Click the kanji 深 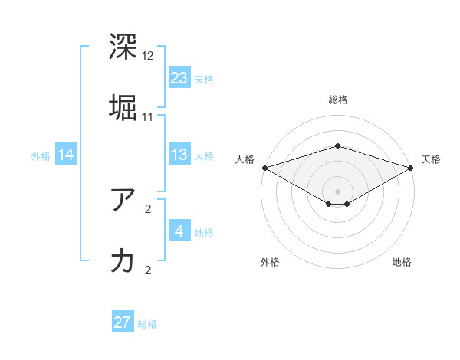click(123, 47)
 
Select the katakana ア click(123, 201)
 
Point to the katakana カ click(123, 260)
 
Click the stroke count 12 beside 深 click(148, 56)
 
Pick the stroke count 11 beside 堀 click(148, 116)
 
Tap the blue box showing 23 click(179, 77)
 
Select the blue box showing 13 click(179, 155)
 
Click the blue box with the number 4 click(179, 231)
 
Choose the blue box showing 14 click(66, 155)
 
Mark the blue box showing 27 click(123, 322)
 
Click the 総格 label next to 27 click(148, 324)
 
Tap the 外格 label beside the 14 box click(41, 155)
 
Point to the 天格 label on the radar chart click(432, 159)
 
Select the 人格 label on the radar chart click(245, 159)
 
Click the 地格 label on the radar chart click(402, 262)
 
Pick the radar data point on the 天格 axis click(412, 167)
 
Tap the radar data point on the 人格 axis click(264, 167)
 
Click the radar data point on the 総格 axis click(338, 146)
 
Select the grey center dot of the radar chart click(338, 191)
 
